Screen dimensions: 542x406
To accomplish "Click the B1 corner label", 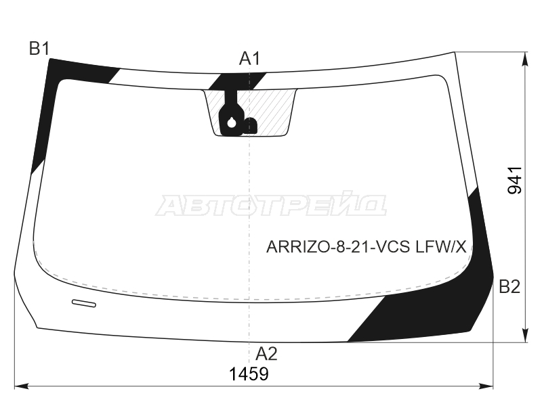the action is click(x=40, y=49).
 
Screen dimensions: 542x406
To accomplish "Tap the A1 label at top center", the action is click(x=249, y=59).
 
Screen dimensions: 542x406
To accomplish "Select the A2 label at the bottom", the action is click(x=266, y=354).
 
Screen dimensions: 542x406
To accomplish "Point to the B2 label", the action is click(x=509, y=286).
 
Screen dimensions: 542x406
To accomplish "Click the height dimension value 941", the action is click(x=515, y=180).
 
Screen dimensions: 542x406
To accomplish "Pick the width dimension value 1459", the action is click(x=249, y=374).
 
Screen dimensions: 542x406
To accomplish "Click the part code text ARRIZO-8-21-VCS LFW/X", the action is click(x=367, y=247).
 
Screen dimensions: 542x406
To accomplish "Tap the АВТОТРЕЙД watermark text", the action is click(x=271, y=205).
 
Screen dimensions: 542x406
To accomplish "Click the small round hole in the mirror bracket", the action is click(x=231, y=122).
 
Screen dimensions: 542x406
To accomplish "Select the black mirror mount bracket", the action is click(x=231, y=114).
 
